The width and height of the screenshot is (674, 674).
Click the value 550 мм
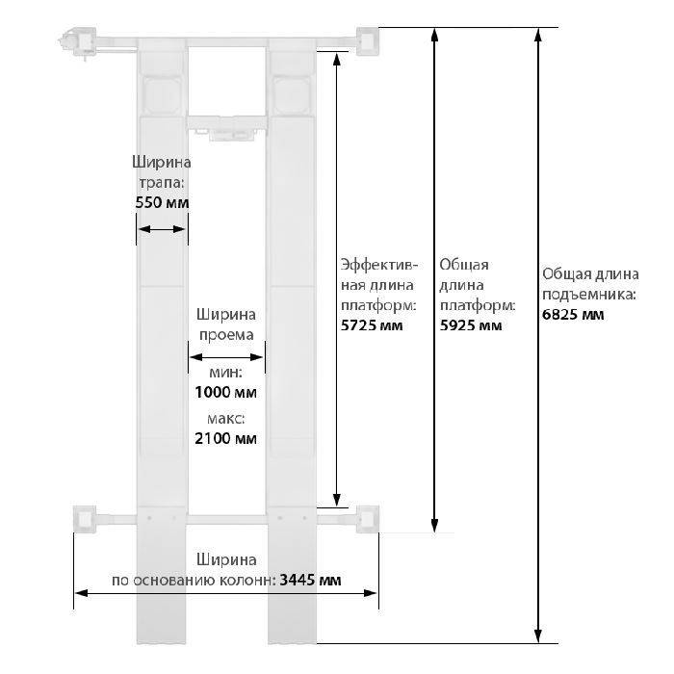pyautogui.click(x=162, y=202)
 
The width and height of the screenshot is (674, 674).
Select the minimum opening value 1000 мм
pyautogui.click(x=225, y=392)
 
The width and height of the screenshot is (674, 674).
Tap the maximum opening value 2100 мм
pyautogui.click(x=225, y=438)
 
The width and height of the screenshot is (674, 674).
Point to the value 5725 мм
pyautogui.click(x=372, y=325)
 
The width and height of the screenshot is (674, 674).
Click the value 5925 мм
pyautogui.click(x=471, y=325)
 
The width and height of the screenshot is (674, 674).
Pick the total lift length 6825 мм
pyautogui.click(x=573, y=315)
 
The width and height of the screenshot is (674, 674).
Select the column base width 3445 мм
pyautogui.click(x=310, y=580)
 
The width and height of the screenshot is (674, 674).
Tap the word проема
pyautogui.click(x=226, y=335)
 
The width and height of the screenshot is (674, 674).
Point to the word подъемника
pyautogui.click(x=589, y=295)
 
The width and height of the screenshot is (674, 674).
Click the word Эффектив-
pyautogui.click(x=379, y=265)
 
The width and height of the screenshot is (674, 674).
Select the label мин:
pyautogui.click(x=225, y=373)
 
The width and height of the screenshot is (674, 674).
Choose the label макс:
pyautogui.click(x=225, y=419)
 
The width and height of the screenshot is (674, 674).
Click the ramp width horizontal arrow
pyautogui.click(x=162, y=229)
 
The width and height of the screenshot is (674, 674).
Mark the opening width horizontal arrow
pyautogui.click(x=226, y=357)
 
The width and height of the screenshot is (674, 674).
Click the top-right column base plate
pyautogui.click(x=368, y=41)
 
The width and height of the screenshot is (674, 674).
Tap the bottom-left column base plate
pyautogui.click(x=85, y=519)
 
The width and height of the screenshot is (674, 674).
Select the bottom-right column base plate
pyautogui.click(x=368, y=519)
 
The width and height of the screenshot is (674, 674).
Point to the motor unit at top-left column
pyautogui.click(x=77, y=42)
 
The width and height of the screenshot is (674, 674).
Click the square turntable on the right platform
pyautogui.click(x=293, y=96)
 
